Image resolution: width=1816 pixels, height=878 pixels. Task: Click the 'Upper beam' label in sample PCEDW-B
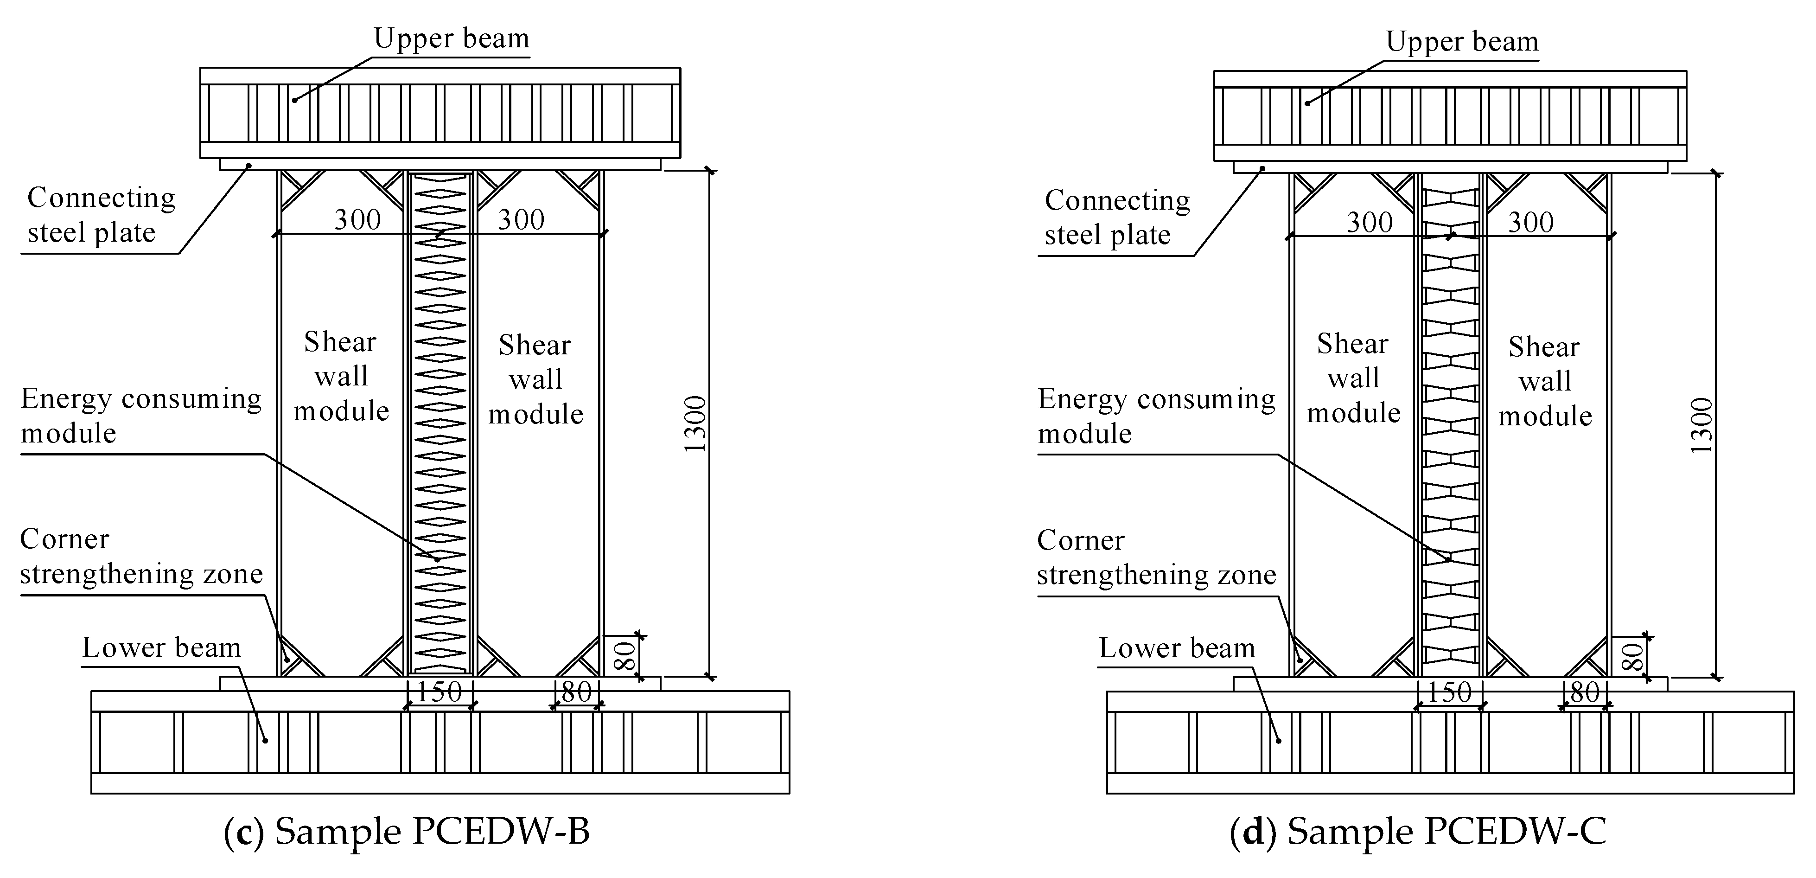pos(451,38)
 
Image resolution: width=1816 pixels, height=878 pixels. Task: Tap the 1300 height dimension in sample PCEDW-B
pos(695,424)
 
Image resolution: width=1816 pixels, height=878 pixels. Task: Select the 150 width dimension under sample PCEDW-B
pos(439,692)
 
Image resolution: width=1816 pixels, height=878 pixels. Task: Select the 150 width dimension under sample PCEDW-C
pos(1449,692)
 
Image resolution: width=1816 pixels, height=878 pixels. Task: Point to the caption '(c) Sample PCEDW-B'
pos(407,831)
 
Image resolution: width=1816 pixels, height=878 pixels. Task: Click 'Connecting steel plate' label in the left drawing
pos(100,215)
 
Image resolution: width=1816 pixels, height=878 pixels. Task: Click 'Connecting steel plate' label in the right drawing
pos(1117,217)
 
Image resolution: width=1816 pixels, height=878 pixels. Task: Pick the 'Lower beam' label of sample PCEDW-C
pos(1177,648)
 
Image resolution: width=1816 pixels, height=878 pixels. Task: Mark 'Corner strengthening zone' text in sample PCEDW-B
pos(141,557)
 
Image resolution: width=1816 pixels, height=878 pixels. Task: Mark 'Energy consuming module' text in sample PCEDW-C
pos(1156,416)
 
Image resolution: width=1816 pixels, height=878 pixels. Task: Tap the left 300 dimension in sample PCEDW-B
pos(357,219)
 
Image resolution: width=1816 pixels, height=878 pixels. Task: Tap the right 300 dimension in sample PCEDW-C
pos(1530,222)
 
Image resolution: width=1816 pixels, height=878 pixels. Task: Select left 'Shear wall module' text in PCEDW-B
pos(341,376)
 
